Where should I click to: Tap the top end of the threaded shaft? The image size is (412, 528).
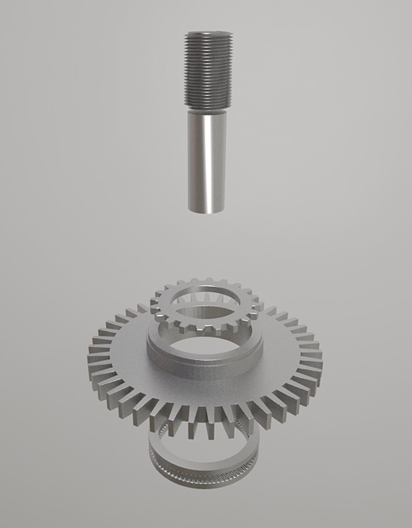pyautogui.click(x=209, y=34)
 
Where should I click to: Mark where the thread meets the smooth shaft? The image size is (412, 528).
pyautogui.click(x=208, y=109)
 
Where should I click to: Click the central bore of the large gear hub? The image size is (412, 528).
pyautogui.click(x=205, y=345)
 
